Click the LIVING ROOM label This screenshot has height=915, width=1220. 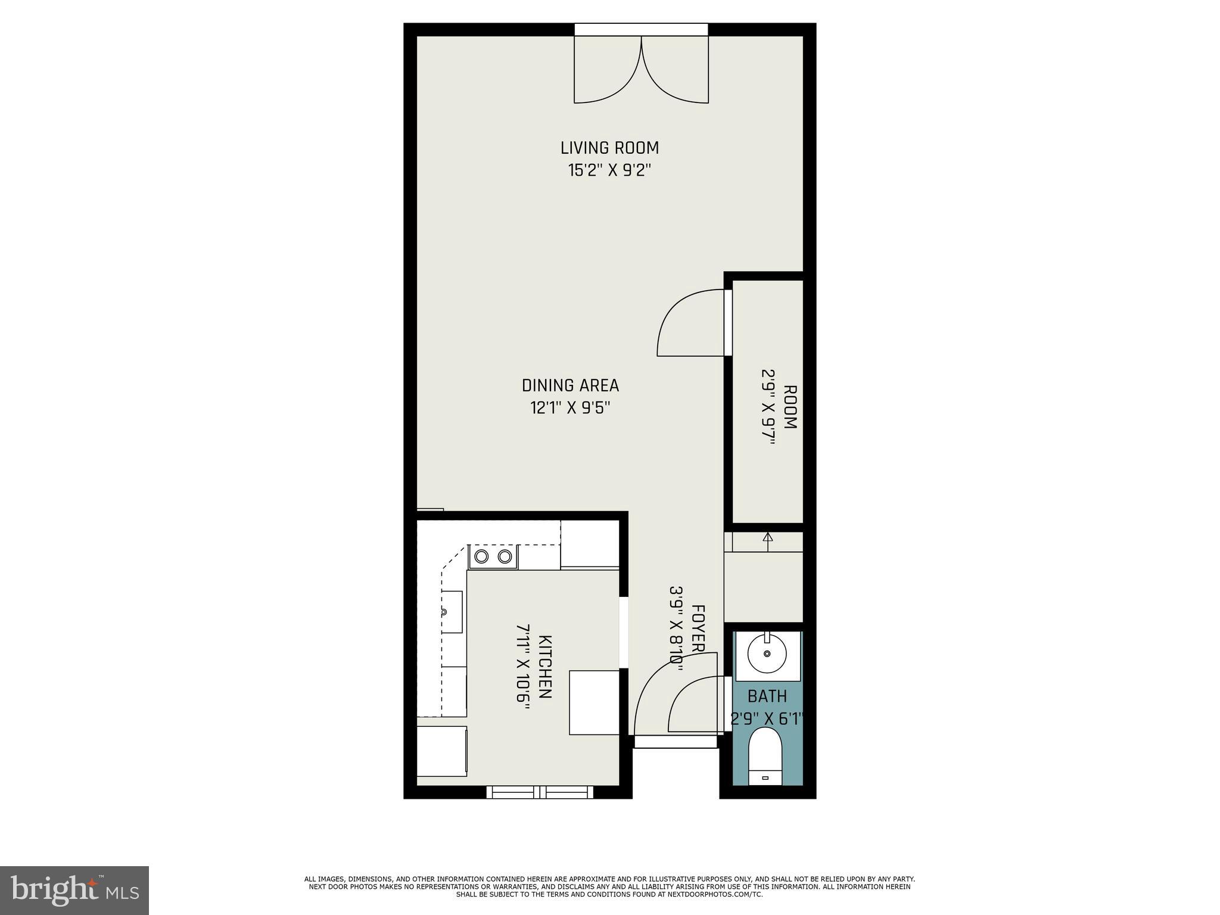click(609, 148)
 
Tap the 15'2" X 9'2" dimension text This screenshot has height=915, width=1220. click(609, 170)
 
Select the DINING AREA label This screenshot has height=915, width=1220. click(570, 386)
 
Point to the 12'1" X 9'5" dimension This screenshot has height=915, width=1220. click(570, 408)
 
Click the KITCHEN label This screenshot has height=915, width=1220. click(545, 667)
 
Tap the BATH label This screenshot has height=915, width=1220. click(767, 696)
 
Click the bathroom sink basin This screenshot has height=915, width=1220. click(767, 653)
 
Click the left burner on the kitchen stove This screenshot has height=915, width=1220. click(481, 557)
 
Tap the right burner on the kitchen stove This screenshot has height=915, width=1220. click(505, 557)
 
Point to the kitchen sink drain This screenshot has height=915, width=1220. click(444, 612)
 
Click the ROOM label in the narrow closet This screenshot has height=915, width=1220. click(790, 407)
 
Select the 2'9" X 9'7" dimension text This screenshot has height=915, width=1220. click(767, 407)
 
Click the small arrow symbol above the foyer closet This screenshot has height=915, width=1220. click(768, 537)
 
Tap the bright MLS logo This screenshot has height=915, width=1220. click(74, 890)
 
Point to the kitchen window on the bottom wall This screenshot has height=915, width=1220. click(540, 792)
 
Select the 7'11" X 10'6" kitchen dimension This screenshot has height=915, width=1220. click(523, 667)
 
